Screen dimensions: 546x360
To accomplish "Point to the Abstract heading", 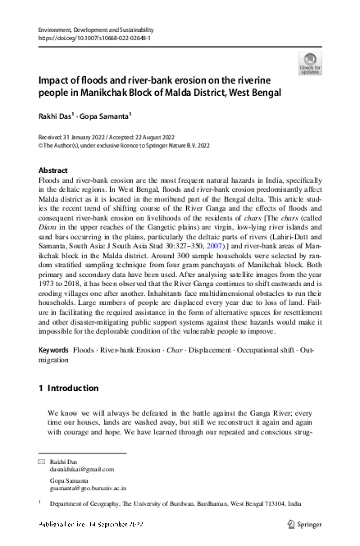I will (x=53, y=169).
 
